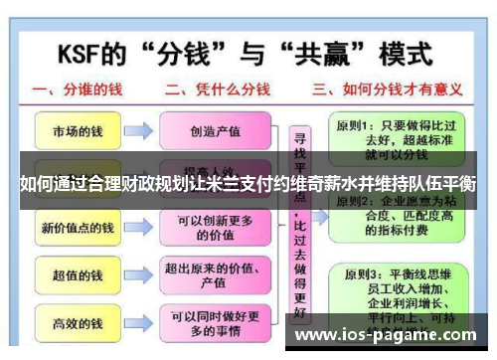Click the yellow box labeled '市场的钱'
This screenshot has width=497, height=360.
78,130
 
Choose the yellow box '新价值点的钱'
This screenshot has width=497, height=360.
78,229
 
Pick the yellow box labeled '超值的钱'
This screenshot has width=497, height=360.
78,274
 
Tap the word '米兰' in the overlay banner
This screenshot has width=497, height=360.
245,183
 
